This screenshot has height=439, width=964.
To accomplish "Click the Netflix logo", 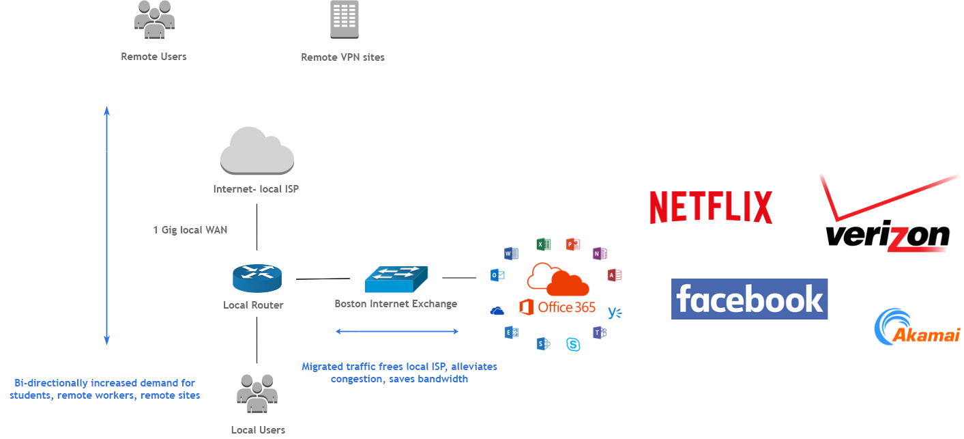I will click(710, 207).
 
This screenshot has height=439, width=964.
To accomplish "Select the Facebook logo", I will click(749, 299).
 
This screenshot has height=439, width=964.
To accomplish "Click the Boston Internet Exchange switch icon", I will click(396, 279).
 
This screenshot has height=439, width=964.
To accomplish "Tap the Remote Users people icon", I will click(154, 20).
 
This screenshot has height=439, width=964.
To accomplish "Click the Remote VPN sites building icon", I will click(344, 20).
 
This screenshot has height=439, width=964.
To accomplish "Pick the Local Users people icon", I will click(257, 394).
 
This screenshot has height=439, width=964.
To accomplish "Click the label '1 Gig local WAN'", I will click(190, 230).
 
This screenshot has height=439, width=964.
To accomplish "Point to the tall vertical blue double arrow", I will click(107, 225).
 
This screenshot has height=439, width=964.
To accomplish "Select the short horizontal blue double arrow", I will click(397, 332).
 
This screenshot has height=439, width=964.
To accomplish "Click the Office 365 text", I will click(566, 307).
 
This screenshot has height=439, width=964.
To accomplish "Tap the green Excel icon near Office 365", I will click(543, 244).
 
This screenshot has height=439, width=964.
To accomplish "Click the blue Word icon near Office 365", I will click(511, 254).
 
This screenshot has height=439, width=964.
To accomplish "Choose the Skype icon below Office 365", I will click(573, 344).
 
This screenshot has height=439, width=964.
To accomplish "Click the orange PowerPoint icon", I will click(572, 244).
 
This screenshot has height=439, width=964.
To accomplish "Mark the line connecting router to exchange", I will click(323, 279).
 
